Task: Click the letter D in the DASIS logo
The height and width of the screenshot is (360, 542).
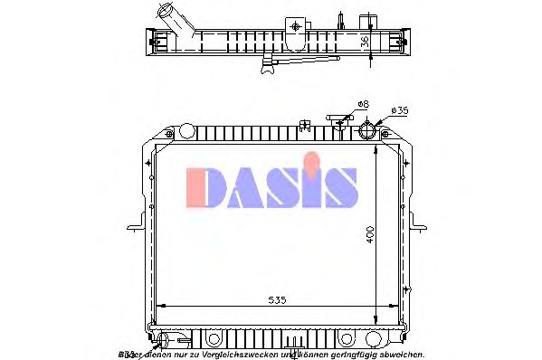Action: (205, 187)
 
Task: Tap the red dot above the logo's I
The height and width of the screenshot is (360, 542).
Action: (312, 163)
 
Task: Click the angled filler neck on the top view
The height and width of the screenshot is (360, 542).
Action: (170, 18)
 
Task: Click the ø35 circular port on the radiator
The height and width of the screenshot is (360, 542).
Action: (370, 130)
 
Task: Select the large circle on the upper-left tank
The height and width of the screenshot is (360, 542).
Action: (186, 131)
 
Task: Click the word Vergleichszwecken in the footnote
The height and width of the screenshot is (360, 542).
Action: (241, 354)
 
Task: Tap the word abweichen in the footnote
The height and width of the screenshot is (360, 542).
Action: (400, 354)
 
